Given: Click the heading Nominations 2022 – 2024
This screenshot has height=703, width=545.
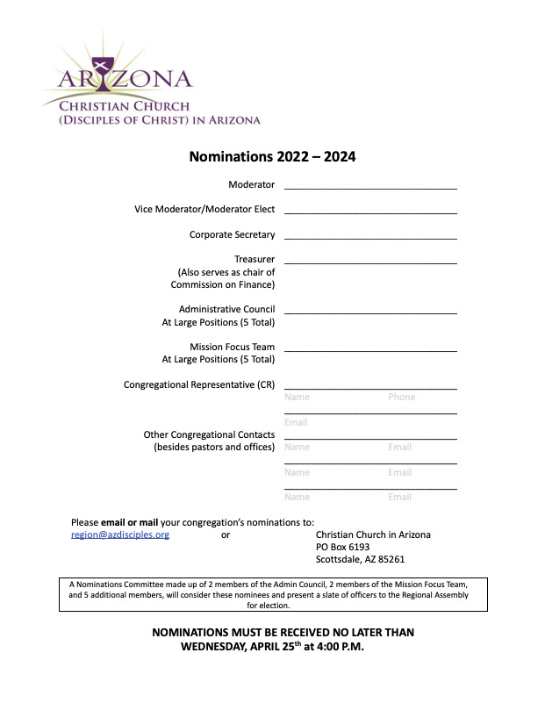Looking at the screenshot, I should tap(272, 158).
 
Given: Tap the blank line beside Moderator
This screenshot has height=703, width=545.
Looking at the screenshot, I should tap(369, 187).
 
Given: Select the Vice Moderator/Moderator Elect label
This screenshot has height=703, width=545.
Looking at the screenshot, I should tap(204, 210).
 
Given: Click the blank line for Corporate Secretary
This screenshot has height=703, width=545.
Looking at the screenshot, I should tap(369, 237).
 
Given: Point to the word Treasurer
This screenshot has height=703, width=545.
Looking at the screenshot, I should tap(254, 260).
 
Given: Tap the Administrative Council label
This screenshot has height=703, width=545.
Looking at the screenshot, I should tap(226, 310).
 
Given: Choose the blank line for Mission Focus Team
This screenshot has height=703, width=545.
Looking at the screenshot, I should tap(369, 350).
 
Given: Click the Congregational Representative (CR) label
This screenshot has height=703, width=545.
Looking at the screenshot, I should tap(199, 385).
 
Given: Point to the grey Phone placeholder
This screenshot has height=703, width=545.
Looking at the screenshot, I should tap(401, 398).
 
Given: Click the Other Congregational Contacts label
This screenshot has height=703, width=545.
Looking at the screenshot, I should tap(209, 435).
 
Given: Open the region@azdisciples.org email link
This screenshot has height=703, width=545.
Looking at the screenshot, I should tap(120, 534).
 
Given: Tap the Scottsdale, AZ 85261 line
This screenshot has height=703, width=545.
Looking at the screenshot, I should tap(360, 559).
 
